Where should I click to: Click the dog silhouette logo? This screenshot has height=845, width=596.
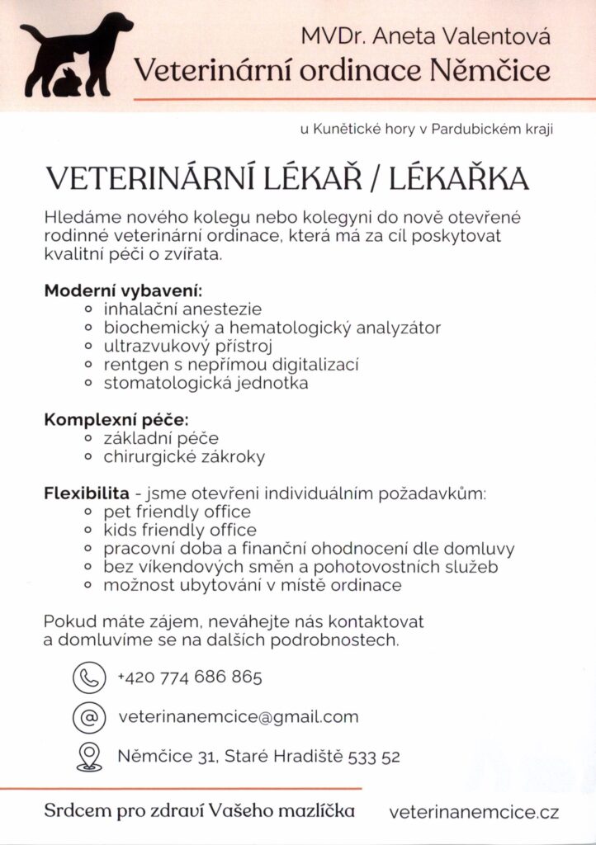[76, 54]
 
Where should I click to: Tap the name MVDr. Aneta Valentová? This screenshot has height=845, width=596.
[425, 36]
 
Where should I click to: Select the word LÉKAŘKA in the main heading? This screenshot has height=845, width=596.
[460, 179]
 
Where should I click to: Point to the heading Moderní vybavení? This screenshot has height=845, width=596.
[123, 292]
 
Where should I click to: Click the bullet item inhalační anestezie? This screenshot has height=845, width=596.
[182, 309]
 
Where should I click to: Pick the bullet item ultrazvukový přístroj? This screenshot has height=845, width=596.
[187, 346]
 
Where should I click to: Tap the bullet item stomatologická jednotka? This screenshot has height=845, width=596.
[206, 383]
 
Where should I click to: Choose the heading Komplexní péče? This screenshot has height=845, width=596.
[116, 420]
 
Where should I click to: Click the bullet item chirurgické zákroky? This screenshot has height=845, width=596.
[184, 456]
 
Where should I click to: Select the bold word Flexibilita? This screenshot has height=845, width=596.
[87, 494]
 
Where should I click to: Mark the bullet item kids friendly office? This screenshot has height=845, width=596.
[180, 530]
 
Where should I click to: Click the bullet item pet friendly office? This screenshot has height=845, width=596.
[177, 512]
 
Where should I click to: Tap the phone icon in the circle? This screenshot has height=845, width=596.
[88, 677]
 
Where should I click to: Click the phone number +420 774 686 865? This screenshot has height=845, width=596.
[190, 677]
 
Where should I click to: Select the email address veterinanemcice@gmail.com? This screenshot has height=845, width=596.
[239, 716]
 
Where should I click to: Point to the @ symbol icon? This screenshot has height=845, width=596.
[88, 716]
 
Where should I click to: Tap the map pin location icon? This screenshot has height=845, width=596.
[88, 756]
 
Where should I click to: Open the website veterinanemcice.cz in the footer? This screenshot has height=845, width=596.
[474, 813]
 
